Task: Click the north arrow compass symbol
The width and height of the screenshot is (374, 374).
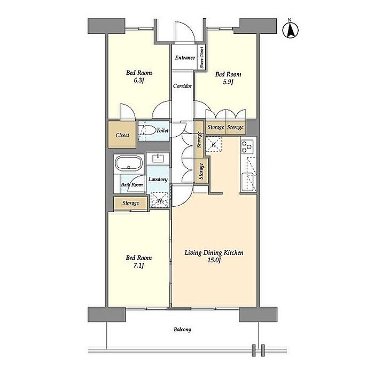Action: [290, 30]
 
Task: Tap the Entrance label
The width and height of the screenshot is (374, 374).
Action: [185, 58]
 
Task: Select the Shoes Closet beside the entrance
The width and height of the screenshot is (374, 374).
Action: [201, 57]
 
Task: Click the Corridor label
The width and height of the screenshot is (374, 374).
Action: [183, 86]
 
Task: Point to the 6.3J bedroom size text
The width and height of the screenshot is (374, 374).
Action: [138, 81]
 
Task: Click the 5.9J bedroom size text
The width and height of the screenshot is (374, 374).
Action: [228, 82]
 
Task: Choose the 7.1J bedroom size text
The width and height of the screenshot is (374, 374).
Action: [138, 266]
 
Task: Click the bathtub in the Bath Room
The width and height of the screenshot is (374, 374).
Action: [129, 163]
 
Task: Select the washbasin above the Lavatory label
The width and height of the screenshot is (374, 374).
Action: [158, 158]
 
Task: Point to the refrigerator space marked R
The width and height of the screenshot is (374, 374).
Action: [214, 144]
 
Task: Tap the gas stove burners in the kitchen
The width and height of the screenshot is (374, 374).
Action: [247, 146]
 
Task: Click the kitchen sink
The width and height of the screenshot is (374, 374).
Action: [248, 182]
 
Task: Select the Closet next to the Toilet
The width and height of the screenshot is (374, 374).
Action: [122, 135]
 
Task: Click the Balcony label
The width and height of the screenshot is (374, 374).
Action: [182, 330]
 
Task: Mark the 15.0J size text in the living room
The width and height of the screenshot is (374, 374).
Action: [214, 260]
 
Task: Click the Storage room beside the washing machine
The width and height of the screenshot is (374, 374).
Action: [130, 203]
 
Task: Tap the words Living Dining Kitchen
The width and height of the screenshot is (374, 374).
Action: [214, 253]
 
